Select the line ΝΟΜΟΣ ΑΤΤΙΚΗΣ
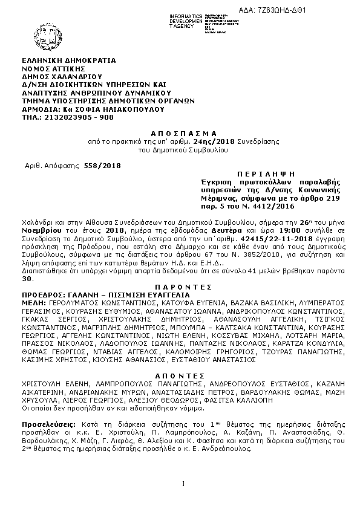coord(53,69)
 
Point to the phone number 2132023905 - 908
coord(78,117)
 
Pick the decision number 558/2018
coord(103,166)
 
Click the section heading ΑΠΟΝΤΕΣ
coord(180,375)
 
